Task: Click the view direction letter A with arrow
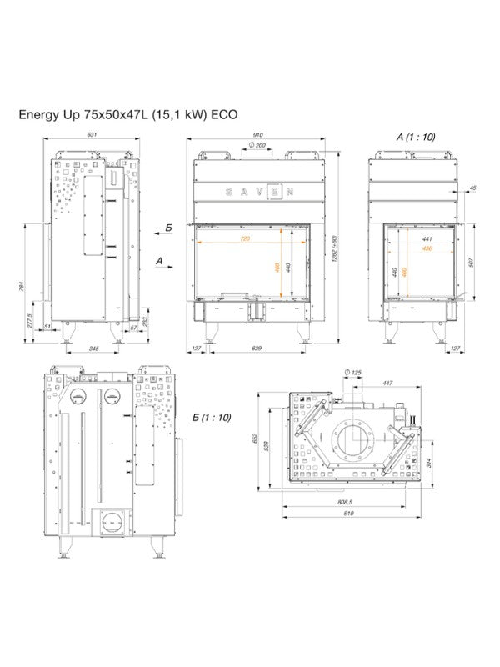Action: (160, 261)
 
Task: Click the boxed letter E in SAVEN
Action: (269, 191)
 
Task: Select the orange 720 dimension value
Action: (245, 238)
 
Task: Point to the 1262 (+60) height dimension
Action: (334, 248)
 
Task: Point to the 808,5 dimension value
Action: (342, 501)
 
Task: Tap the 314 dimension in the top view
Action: (427, 463)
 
